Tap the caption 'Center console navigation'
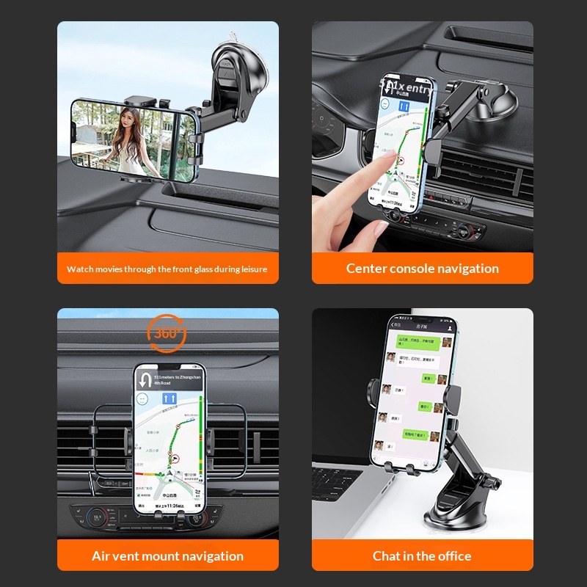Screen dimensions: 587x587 (x=422, y=269)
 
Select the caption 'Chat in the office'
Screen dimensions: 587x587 (x=422, y=555)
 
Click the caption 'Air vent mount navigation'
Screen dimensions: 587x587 (x=167, y=555)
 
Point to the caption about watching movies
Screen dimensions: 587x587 (x=167, y=269)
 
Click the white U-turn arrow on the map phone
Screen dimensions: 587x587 (x=145, y=379)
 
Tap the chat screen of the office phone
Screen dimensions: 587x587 (x=416, y=396)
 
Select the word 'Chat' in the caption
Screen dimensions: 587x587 (x=387, y=555)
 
